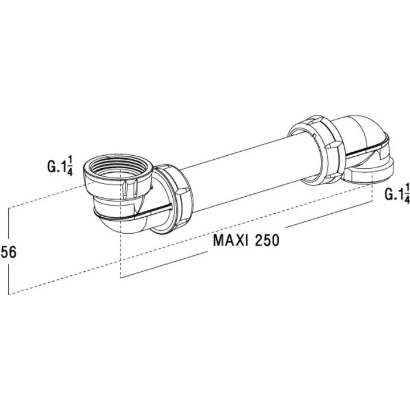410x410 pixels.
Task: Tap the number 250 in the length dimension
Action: (264, 240)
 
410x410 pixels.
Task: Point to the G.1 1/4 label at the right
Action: (396, 194)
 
